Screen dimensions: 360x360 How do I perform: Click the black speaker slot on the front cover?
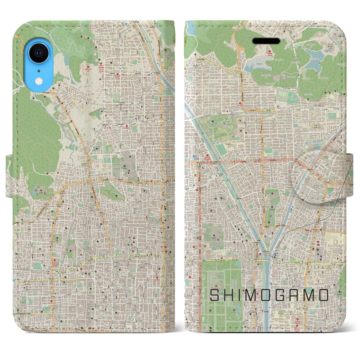(x=270, y=41)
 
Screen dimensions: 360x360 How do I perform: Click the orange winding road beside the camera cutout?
(x=20, y=42)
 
